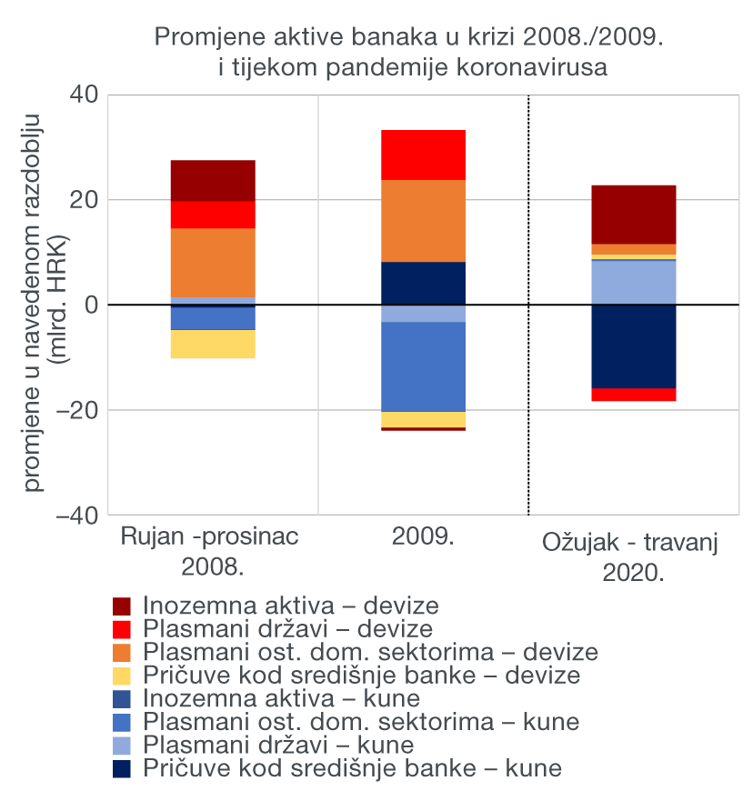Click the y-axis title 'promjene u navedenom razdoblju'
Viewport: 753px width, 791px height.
(34, 305)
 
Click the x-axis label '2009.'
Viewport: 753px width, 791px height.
(423, 536)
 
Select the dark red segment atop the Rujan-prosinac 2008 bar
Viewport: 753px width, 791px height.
(213, 180)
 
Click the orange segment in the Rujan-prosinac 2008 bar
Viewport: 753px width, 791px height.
(213, 262)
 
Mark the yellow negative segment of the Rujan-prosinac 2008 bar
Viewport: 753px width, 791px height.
(213, 344)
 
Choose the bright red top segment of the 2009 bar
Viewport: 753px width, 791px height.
(423, 155)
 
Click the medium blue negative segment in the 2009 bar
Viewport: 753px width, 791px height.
(423, 366)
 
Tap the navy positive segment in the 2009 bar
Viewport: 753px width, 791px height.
(423, 283)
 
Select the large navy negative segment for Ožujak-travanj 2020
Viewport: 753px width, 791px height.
(634, 346)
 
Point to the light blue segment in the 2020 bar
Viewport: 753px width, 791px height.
(634, 282)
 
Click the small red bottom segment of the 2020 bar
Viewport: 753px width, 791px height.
(634, 395)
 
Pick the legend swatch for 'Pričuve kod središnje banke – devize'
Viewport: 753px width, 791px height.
(122, 676)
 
